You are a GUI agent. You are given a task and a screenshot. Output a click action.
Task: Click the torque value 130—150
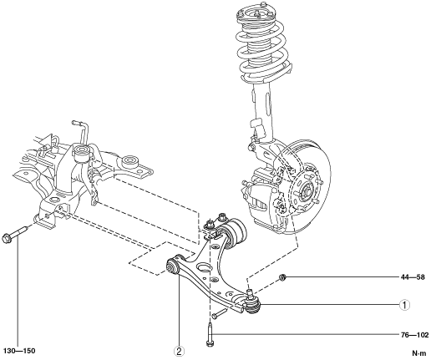[19, 351]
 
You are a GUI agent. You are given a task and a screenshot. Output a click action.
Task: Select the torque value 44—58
[413, 277]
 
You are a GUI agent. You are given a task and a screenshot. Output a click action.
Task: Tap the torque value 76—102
[415, 335]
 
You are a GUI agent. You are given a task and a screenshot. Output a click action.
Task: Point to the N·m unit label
[419, 353]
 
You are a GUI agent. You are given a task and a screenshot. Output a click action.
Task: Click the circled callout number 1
[404, 305]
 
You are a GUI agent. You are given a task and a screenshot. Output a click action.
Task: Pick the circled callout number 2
[179, 352]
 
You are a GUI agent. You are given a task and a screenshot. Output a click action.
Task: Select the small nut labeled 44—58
[282, 277]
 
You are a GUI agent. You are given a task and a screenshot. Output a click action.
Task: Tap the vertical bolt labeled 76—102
[210, 333]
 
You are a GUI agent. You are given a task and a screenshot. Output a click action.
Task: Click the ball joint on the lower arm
[252, 302]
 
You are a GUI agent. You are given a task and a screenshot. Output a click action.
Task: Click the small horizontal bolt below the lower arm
[220, 313]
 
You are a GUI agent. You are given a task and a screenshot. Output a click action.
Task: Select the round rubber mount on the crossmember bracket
[129, 162]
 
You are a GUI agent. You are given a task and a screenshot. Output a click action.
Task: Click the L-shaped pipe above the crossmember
[81, 131]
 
